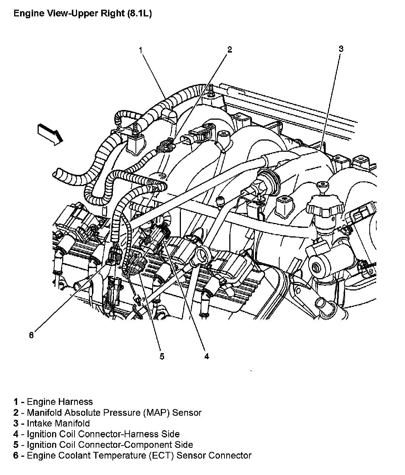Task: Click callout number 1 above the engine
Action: [x=141, y=50]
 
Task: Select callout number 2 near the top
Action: [x=230, y=50]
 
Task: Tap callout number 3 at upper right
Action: [x=341, y=48]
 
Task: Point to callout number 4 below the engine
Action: [x=206, y=356]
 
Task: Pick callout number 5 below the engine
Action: [x=162, y=356]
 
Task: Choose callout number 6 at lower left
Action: [x=31, y=335]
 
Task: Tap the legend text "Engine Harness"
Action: [x=60, y=402]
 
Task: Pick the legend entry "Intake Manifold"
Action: [x=58, y=424]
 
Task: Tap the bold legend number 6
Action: [x=16, y=456]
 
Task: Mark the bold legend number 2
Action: [x=16, y=413]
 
